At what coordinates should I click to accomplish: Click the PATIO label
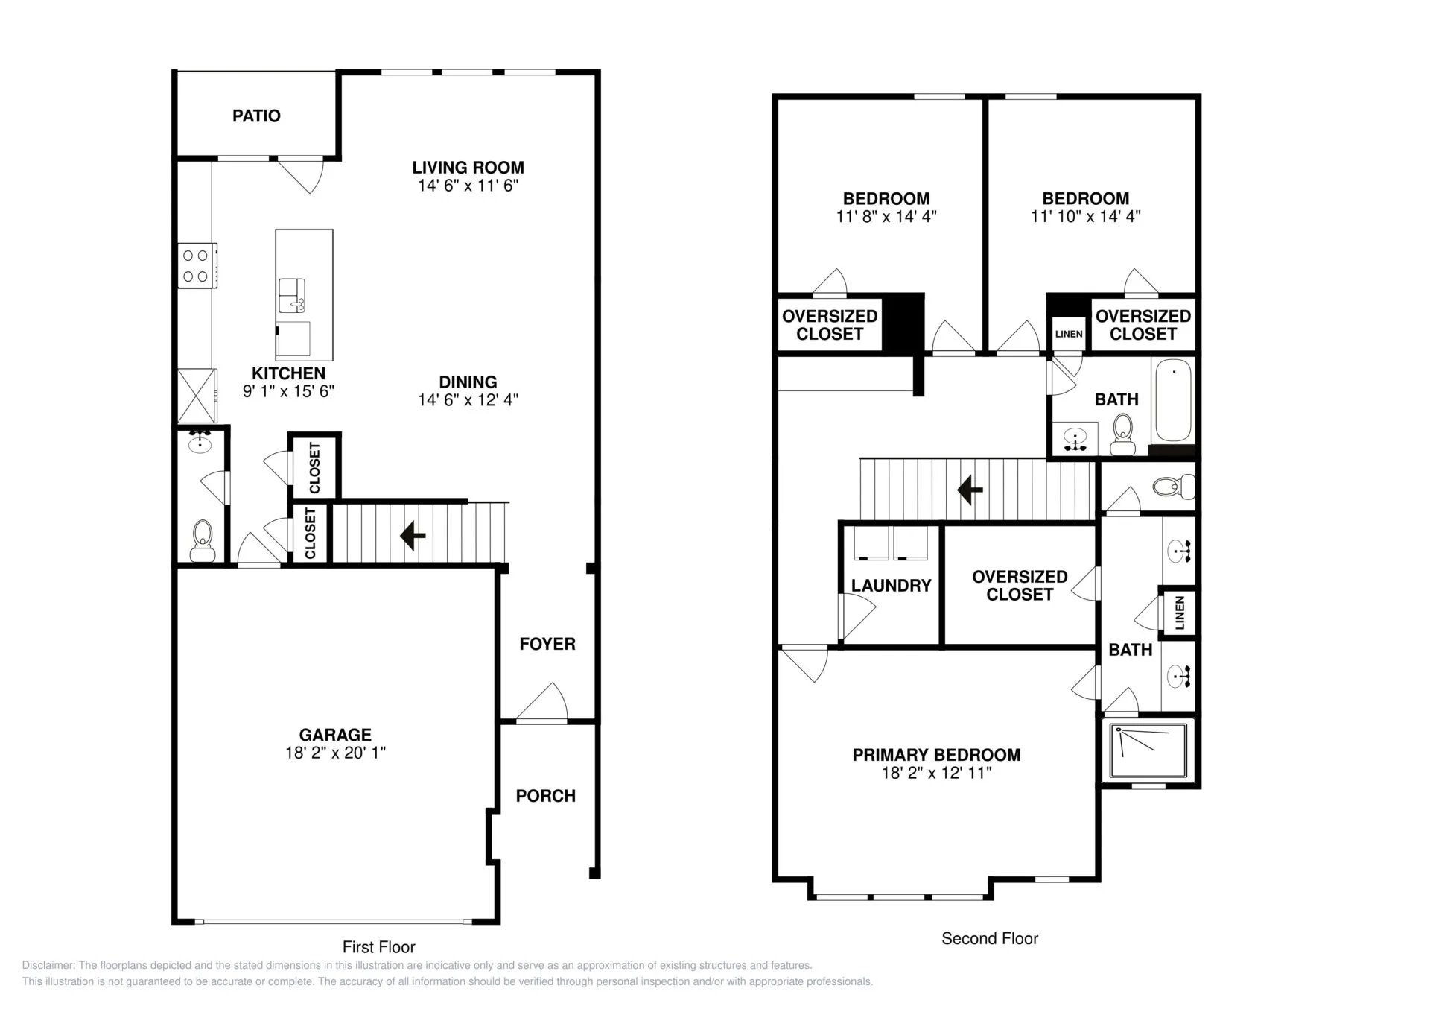tap(256, 116)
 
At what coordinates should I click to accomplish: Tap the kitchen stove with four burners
tap(197, 265)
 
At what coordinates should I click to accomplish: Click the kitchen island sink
tap(291, 296)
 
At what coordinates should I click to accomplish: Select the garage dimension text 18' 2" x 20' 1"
tap(335, 753)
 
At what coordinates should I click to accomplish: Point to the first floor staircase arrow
tap(413, 535)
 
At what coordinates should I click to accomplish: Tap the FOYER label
tap(547, 644)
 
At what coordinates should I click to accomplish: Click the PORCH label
tap(545, 796)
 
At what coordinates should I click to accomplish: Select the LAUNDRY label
tap(891, 586)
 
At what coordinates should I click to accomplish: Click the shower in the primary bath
tap(1147, 751)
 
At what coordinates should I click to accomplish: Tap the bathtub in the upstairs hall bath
tap(1172, 400)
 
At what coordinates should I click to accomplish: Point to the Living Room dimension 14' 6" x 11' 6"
tap(468, 186)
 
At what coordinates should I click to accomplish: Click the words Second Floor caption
tap(989, 939)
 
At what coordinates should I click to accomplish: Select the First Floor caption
tap(378, 947)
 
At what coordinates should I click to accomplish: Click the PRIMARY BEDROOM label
tap(936, 755)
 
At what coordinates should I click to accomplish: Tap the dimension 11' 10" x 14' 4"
tap(1085, 217)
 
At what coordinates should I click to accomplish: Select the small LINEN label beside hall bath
tap(1068, 334)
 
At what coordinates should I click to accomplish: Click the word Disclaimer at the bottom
tap(48, 965)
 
